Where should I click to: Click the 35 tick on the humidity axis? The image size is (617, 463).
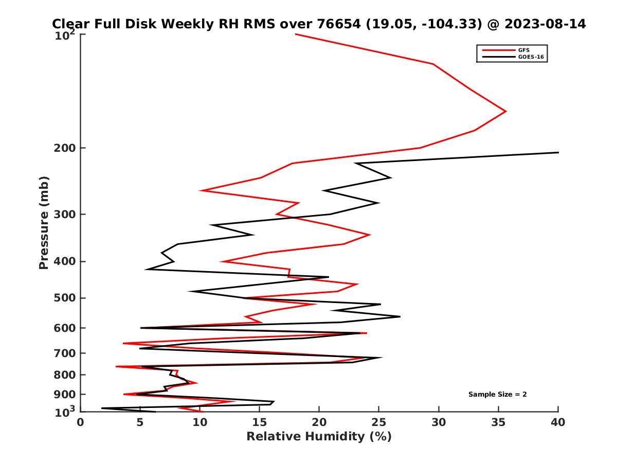[x=498, y=422]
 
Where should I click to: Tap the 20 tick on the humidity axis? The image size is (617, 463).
[x=319, y=422]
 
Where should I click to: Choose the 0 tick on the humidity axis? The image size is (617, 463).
[x=81, y=422]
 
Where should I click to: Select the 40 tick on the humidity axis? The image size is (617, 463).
[x=558, y=422]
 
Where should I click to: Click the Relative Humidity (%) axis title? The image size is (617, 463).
[x=319, y=437]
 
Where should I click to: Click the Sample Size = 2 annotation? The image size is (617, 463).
[x=497, y=395]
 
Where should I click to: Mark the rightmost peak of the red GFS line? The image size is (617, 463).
[x=506, y=111]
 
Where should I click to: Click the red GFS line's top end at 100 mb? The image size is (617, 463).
[x=296, y=34]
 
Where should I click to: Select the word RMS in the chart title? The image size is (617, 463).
[x=237, y=24]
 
